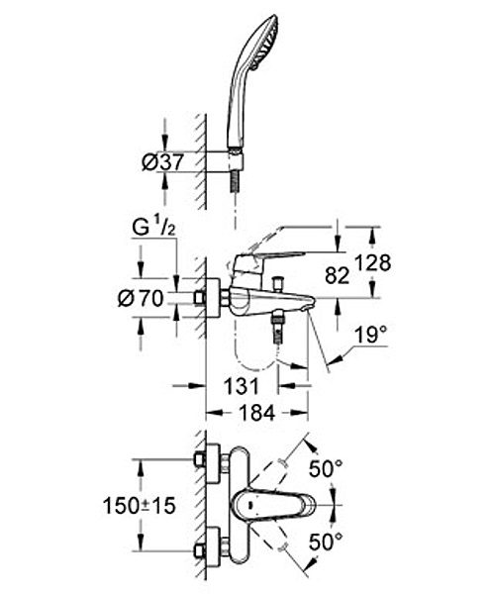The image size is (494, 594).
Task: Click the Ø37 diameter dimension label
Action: pos(162,162)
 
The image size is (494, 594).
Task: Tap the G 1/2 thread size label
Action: pos(153,228)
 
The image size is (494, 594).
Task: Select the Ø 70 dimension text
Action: pos(141,298)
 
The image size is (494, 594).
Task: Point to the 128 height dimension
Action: pos(373,262)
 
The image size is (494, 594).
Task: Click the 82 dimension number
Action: pos(337,275)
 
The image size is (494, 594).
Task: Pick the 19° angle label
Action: pos(371,335)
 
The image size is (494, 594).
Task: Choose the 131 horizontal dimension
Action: pos(241,386)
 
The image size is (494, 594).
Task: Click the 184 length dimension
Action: pos(256,413)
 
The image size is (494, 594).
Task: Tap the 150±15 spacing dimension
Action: pos(140,506)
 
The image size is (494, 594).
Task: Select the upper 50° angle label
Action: pos(326,468)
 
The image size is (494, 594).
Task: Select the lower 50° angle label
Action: pos(326,542)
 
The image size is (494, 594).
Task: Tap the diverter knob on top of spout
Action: pos(279,282)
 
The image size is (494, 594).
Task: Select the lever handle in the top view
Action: pos(274,505)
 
